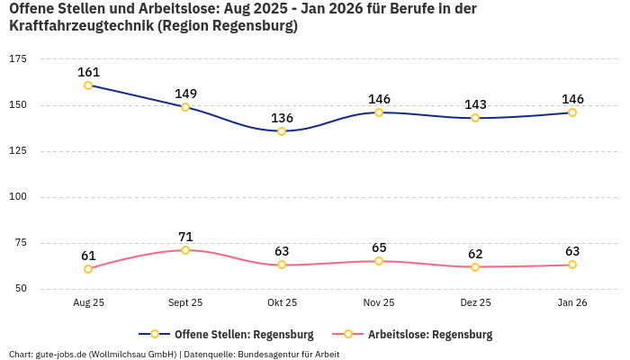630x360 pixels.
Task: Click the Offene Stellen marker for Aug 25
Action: [x=88, y=85]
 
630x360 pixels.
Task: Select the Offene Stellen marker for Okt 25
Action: [x=282, y=131]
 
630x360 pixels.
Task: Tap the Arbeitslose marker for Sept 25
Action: [x=185, y=250]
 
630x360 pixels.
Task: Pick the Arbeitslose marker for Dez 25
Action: [x=475, y=266]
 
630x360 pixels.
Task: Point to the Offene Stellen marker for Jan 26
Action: [x=571, y=112]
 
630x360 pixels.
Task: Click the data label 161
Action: [x=88, y=72]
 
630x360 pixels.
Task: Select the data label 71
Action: [x=185, y=237]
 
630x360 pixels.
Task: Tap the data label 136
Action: [x=282, y=118]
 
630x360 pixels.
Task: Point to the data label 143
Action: [x=475, y=104]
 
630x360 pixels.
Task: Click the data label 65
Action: [x=379, y=247]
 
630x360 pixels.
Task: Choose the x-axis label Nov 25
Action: [x=379, y=303]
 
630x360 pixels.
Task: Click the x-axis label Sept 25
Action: [x=185, y=303]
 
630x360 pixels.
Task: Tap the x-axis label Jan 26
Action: [x=571, y=303]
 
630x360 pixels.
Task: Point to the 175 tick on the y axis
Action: [x=17, y=58]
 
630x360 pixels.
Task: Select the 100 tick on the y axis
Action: [x=17, y=196]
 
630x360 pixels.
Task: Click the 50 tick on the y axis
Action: [x=20, y=289]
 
